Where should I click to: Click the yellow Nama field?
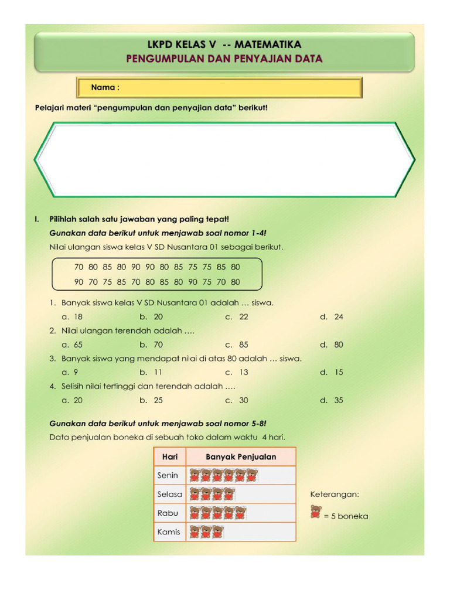pyautogui.click(x=220, y=88)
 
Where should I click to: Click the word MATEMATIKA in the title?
pyautogui.click(x=267, y=45)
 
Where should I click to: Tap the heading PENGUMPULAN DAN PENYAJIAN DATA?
pyautogui.click(x=224, y=59)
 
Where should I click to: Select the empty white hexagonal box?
pyautogui.click(x=224, y=159)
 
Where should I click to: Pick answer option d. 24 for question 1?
pyautogui.click(x=332, y=316)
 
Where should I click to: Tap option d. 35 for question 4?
pyautogui.click(x=332, y=400)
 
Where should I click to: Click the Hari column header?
pyautogui.click(x=169, y=456)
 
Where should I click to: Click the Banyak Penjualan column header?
pyautogui.click(x=241, y=456)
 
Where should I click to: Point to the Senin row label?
pyautogui.click(x=168, y=475)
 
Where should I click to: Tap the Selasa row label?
pyautogui.click(x=169, y=494)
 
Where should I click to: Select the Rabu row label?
pyautogui.click(x=168, y=513)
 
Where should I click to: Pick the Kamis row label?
pyautogui.click(x=169, y=532)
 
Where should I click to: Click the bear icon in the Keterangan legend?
pyautogui.click(x=316, y=512)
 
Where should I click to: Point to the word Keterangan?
pyautogui.click(x=335, y=494)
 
